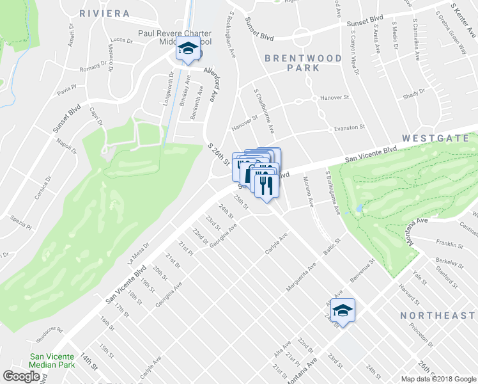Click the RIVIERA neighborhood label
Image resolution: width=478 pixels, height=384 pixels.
tap(105, 13)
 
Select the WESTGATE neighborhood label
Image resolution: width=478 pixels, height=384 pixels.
tap(439, 138)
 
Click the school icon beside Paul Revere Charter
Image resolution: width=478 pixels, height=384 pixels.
tap(188, 50)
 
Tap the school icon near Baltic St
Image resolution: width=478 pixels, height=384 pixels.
tap(343, 311)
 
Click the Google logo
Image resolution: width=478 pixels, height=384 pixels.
tap(21, 377)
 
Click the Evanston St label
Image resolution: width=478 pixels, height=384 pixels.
tap(348, 128)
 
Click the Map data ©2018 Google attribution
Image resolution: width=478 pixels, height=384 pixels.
tap(438, 379)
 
